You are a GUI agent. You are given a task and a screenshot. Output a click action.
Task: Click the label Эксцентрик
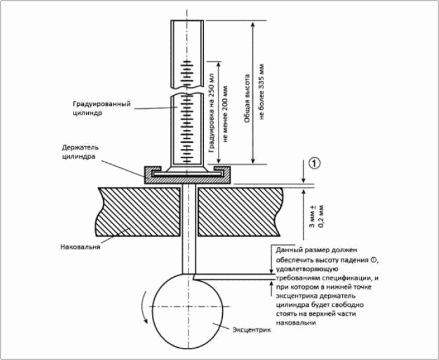coord(252,329)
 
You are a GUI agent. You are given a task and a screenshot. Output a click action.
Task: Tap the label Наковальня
coord(80,247)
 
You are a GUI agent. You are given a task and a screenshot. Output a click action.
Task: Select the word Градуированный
coord(102,104)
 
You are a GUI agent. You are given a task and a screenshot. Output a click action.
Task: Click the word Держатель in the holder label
coord(80,148)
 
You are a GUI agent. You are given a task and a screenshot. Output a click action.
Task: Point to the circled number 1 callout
coord(315,163)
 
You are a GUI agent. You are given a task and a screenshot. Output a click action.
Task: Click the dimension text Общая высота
coord(247,99)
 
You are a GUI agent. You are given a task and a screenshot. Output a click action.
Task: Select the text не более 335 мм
coord(262,92)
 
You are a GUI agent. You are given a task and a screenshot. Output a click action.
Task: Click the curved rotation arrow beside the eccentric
coord(144,307)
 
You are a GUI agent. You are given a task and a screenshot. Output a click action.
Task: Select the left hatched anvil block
coord(138,211)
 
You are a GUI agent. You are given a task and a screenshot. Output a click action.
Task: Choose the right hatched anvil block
coord(240,211)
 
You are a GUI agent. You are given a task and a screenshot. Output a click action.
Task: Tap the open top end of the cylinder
coord(187,21)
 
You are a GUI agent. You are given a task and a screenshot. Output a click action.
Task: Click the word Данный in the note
coord(289,250)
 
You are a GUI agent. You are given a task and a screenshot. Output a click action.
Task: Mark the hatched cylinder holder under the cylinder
coord(187,175)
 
